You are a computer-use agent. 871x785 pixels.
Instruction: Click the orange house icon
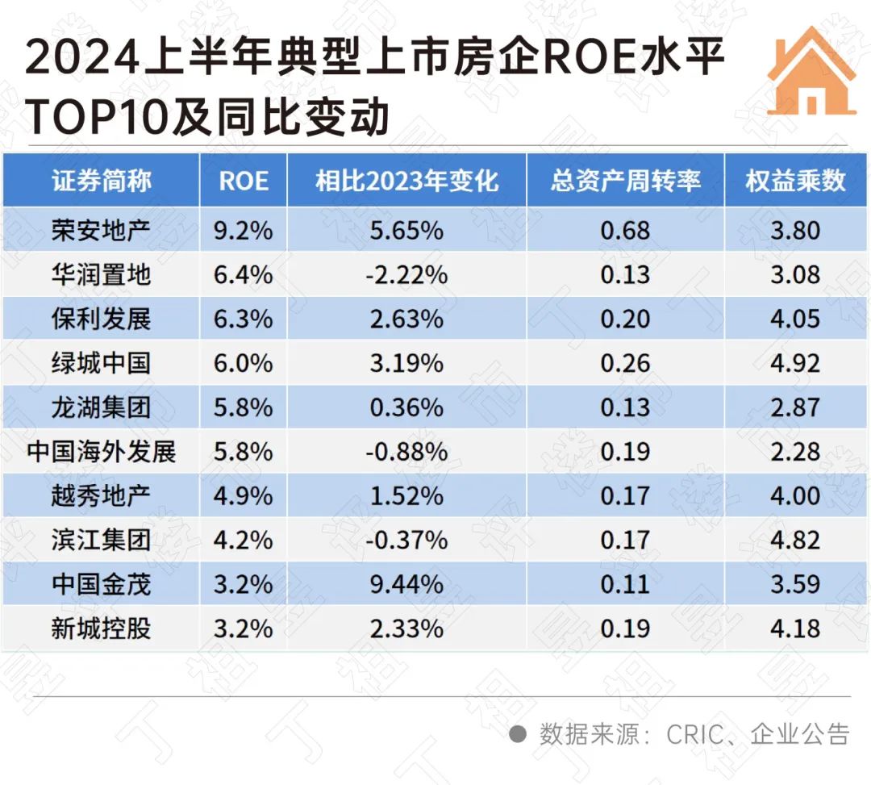point(811,73)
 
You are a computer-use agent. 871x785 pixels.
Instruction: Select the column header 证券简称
point(102,180)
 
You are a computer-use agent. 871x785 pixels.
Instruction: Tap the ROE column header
point(244,180)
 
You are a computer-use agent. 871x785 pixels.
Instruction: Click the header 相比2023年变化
point(406,180)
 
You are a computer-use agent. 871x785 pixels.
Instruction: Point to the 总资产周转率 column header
point(625,180)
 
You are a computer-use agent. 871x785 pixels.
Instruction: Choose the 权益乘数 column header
point(795,180)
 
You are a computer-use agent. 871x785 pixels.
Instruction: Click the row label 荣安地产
point(102,231)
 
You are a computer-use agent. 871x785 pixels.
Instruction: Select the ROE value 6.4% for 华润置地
point(244,275)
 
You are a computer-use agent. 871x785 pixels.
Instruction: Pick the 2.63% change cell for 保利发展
point(406,319)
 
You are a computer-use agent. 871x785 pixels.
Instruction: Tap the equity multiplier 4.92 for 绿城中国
point(795,363)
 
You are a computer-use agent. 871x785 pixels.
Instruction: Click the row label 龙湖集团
point(102,407)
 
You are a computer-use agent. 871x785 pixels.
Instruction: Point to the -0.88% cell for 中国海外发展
point(406,451)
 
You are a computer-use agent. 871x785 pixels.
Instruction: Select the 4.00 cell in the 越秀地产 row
point(795,495)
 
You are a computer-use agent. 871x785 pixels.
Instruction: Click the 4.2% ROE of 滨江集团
point(244,539)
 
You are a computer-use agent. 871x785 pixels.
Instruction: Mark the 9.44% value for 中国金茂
point(406,583)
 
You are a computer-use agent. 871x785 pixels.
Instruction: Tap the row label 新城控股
point(102,628)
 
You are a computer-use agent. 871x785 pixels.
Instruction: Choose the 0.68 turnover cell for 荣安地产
point(625,231)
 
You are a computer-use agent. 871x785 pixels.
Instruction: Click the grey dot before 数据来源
point(519,734)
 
